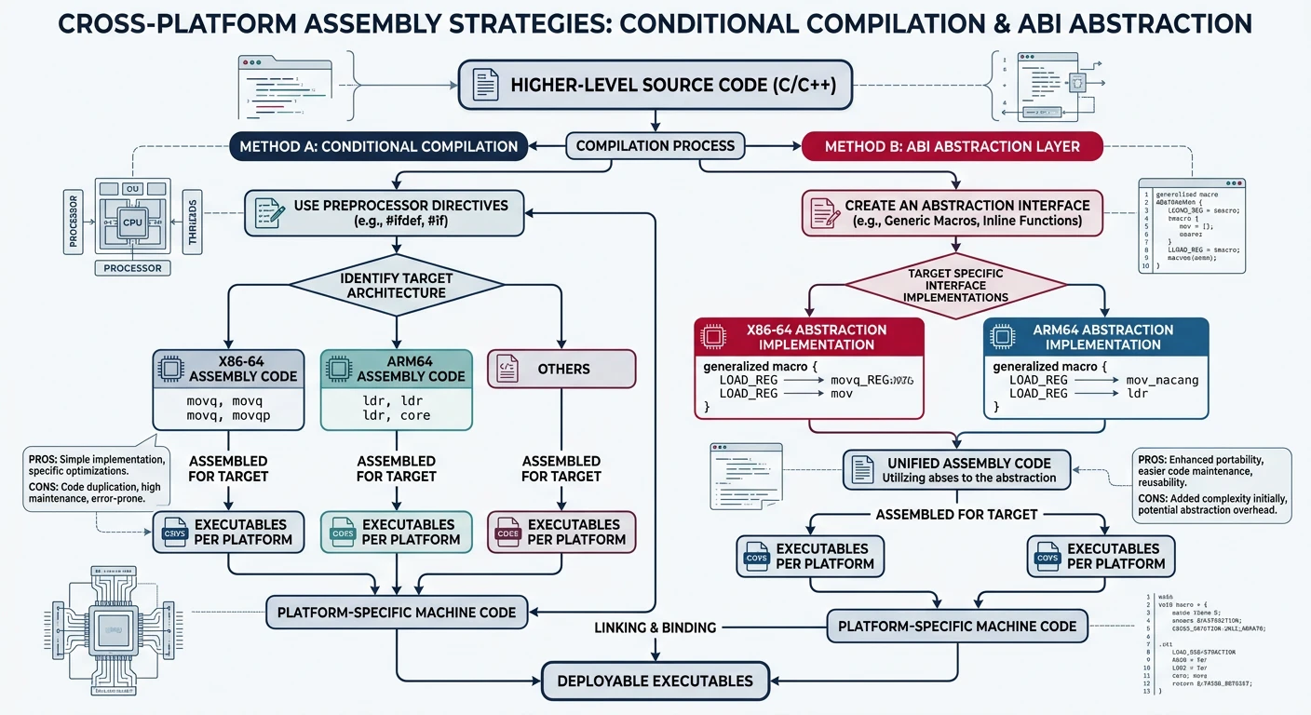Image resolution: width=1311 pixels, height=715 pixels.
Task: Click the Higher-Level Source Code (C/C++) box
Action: (656, 85)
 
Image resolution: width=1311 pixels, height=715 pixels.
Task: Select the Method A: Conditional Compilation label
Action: (378, 146)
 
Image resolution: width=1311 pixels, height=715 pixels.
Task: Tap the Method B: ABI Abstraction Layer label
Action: (953, 146)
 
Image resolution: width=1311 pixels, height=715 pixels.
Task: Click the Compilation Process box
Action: (655, 145)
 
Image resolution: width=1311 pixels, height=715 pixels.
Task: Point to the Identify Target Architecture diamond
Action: (397, 285)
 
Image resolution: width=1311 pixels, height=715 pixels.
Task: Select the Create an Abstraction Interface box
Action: (953, 212)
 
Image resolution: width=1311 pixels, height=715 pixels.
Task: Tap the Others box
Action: (561, 369)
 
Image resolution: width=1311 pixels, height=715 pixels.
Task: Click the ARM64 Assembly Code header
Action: (397, 369)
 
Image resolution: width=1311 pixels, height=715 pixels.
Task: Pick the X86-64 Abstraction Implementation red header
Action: (809, 337)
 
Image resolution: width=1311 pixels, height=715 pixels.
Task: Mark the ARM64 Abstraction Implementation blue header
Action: (1096, 337)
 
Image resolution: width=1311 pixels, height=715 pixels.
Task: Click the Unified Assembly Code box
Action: (956, 470)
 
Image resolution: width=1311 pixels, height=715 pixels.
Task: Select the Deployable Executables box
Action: (655, 681)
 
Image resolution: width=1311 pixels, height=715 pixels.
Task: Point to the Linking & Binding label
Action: (655, 627)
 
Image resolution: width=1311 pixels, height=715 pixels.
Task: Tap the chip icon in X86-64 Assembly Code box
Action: (170, 369)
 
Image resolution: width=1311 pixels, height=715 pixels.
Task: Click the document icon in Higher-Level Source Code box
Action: (485, 86)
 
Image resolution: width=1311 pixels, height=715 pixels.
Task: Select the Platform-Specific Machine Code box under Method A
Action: (396, 612)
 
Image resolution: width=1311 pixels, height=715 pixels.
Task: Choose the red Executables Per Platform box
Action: (561, 532)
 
